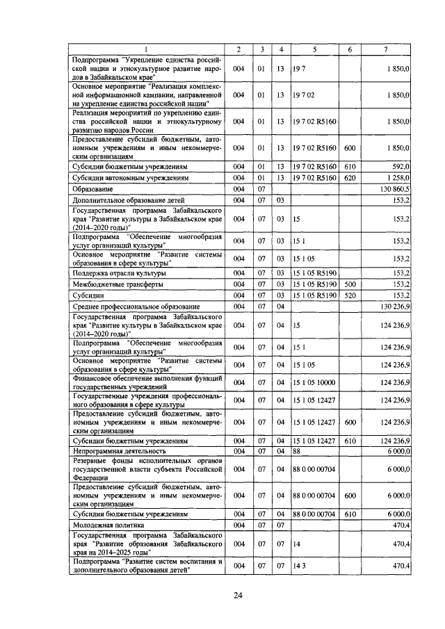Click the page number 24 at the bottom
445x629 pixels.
238,595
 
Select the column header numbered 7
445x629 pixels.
387,49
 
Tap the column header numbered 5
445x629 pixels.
314,49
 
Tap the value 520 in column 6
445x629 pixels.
350,295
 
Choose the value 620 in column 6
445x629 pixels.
350,178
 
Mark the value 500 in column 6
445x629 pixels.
350,284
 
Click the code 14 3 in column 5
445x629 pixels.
299,566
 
